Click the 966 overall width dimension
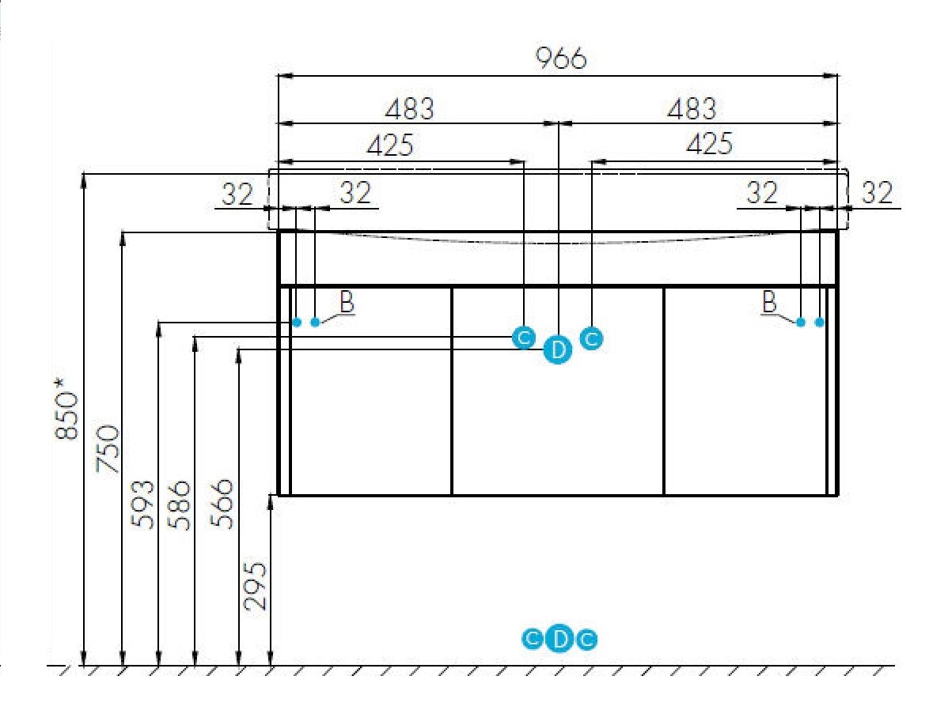[x=561, y=58]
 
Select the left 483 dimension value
[x=410, y=109]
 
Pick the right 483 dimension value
[x=692, y=109]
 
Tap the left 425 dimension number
[x=391, y=145]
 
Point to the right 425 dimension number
[x=709, y=144]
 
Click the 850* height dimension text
[x=66, y=409]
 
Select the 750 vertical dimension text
[x=109, y=448]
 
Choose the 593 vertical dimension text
[x=143, y=504]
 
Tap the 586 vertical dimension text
[x=179, y=505]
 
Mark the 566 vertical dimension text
[x=222, y=504]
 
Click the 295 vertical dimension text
[x=255, y=586]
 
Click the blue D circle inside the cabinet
[x=557, y=349]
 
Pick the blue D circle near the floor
[x=559, y=639]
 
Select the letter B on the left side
[x=347, y=301]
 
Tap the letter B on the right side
[x=769, y=301]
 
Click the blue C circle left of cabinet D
[x=524, y=337]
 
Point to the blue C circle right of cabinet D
[x=591, y=338]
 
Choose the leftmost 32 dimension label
[x=237, y=194]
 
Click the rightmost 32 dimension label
[x=877, y=193]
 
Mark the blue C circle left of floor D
[x=532, y=639]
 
